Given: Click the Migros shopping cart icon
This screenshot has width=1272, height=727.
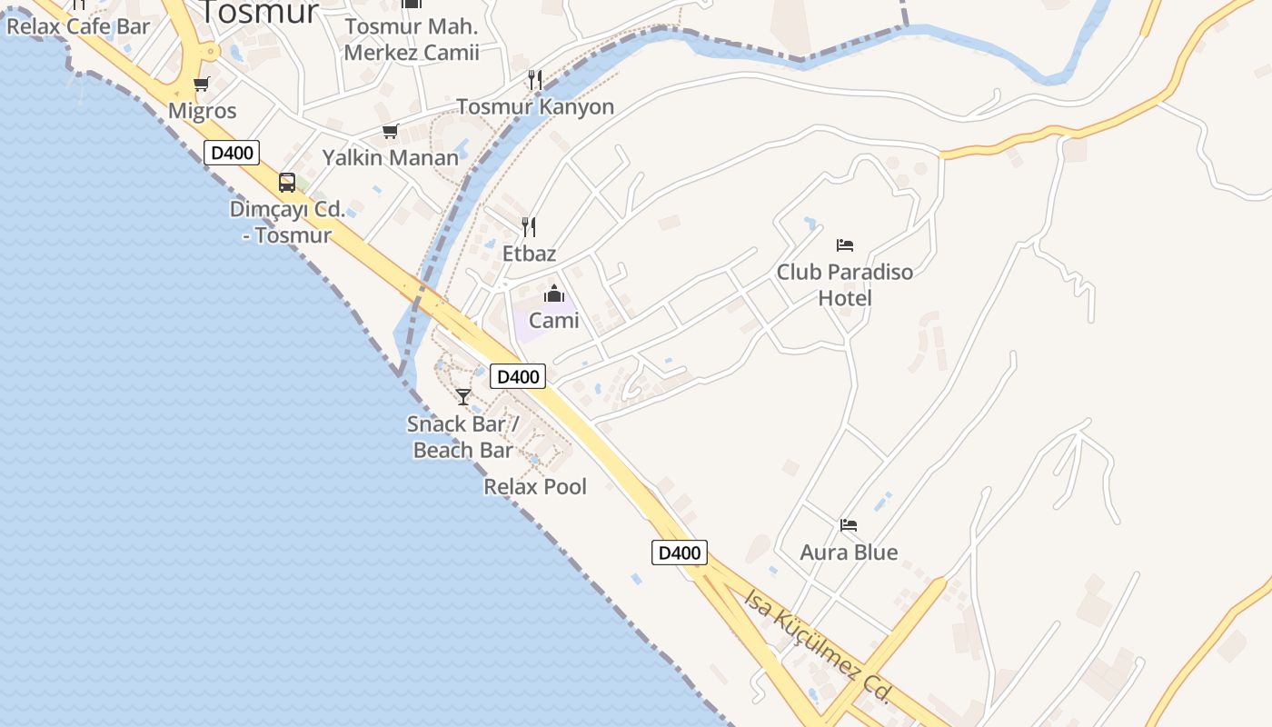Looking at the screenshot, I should [201, 85].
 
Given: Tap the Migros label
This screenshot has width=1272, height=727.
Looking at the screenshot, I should [203, 111].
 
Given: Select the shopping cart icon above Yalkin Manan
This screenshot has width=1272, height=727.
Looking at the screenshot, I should [391, 132].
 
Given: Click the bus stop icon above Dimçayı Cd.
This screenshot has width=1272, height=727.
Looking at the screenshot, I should [287, 183].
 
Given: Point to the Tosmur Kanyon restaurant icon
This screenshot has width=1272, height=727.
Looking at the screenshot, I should [535, 80].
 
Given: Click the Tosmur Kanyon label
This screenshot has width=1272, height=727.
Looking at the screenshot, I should [535, 106].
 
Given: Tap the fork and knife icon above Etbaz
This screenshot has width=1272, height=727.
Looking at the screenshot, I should [529, 227].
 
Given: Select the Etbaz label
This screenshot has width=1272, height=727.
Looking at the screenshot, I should [529, 254].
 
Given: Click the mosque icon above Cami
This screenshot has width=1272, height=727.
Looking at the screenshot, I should [554, 294].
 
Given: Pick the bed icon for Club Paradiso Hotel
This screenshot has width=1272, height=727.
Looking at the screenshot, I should [845, 245].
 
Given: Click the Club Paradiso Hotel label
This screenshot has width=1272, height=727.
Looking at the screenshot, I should [845, 284].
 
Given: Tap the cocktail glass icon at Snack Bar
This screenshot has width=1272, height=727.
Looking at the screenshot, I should [463, 397].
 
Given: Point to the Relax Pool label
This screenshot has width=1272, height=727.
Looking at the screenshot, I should [535, 486].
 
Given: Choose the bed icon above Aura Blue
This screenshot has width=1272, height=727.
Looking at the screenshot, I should [849, 525].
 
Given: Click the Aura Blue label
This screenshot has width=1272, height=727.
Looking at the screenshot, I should [849, 552].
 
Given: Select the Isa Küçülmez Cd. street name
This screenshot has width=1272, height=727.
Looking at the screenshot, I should [817, 646].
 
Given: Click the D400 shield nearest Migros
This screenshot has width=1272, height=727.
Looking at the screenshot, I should [232, 153].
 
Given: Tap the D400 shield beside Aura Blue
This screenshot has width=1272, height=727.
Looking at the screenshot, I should [679, 553].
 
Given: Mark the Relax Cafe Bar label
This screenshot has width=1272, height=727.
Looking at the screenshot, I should [78, 25].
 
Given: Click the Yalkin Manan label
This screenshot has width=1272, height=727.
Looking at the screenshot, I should [391, 157].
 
